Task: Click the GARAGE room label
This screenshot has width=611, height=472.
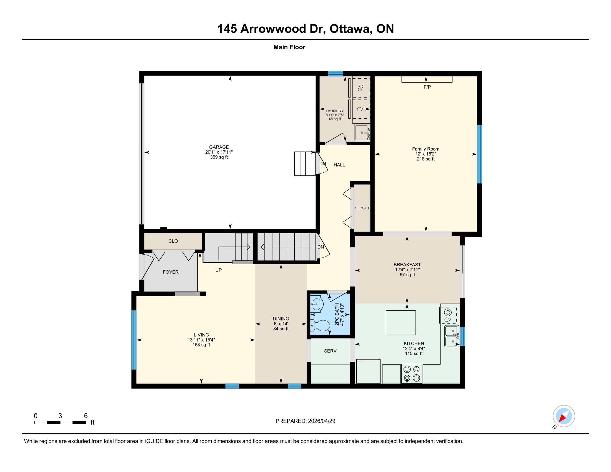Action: point(219,147)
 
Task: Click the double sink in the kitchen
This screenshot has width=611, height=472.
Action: point(452,337)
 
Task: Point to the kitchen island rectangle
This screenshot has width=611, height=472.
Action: point(400,323)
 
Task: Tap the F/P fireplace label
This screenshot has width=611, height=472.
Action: point(427,87)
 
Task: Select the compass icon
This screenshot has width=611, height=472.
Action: point(564,416)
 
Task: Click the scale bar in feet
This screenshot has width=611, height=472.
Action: point(60,423)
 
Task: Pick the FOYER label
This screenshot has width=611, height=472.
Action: point(171,272)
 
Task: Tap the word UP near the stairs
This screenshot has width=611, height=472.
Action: point(219,270)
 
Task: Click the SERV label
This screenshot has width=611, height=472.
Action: point(330,351)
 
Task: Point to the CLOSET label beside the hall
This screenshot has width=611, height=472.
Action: point(362,208)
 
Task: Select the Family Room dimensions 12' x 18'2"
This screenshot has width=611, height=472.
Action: point(425,154)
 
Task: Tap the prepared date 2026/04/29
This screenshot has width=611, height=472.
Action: point(321,421)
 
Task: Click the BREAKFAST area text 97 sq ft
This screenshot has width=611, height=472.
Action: point(407,275)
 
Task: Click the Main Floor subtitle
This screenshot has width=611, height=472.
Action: point(289,47)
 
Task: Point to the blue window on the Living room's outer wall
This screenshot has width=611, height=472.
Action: point(134,340)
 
